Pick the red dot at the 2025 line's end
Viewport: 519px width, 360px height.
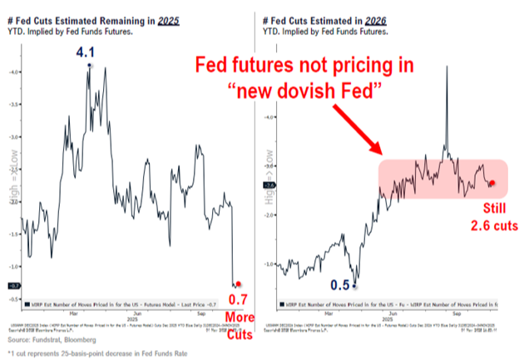239,284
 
